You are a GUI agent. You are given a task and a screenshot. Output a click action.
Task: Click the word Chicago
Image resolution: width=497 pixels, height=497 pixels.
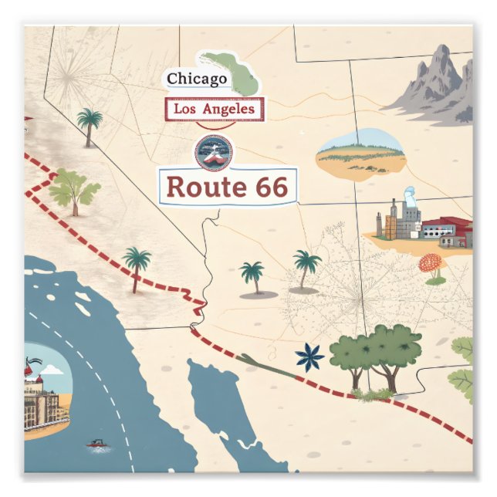click(197, 79)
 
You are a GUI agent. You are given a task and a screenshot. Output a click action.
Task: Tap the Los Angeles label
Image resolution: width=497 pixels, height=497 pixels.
click(215, 110)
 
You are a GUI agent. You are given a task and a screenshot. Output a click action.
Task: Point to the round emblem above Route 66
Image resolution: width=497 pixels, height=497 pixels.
click(214, 150)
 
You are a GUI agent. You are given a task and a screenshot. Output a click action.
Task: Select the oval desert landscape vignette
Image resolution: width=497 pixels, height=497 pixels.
click(360, 150)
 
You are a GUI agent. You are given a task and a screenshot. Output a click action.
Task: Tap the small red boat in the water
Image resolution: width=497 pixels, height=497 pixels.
click(96, 444)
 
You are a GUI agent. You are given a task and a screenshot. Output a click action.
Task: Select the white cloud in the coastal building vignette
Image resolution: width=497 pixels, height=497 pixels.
click(52, 371)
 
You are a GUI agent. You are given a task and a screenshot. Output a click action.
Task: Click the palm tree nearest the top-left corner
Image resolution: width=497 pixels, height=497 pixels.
click(90, 123)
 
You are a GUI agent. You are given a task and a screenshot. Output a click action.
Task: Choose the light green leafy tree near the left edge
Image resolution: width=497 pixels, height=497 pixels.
click(74, 188)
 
